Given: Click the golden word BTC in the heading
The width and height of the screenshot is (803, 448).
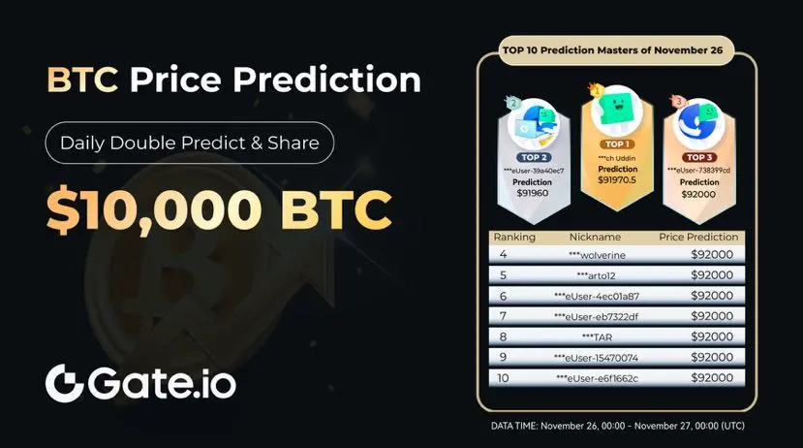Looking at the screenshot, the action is point(82,80).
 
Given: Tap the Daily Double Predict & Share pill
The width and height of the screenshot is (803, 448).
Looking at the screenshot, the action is point(190,143).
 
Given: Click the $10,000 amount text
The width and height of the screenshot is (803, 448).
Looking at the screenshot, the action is point(154,209).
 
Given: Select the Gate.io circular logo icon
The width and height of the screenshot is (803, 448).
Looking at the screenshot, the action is point(64,383).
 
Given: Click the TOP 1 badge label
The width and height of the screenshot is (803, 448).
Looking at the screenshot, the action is point(617,144).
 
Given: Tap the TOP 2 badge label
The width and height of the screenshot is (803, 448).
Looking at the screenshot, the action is point(534,157).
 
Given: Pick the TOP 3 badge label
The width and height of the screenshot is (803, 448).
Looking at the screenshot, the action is point(699,157).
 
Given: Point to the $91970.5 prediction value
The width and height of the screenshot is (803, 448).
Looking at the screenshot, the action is point(617,180).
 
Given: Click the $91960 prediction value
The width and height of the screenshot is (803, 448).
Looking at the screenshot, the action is point(533,193).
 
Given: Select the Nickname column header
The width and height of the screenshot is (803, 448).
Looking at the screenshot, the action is point(595,237).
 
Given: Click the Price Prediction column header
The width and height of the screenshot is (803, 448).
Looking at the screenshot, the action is point(698,237).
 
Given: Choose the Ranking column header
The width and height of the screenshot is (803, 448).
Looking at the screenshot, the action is point(514,238).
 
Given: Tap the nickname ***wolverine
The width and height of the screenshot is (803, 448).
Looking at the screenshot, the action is point(597,255).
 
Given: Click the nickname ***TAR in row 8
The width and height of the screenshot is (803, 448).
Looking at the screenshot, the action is point(597,337).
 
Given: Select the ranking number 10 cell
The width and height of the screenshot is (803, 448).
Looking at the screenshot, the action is point(503,378).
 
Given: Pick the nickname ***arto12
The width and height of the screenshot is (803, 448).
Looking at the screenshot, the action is point(596,275).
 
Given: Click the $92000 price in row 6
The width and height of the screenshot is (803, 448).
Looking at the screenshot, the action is point(712,296).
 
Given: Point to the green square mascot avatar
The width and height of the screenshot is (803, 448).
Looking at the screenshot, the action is point(617,110).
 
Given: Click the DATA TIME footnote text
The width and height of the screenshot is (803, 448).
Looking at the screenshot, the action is point(618,426).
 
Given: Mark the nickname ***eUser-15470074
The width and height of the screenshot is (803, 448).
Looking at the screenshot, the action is point(596,358).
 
